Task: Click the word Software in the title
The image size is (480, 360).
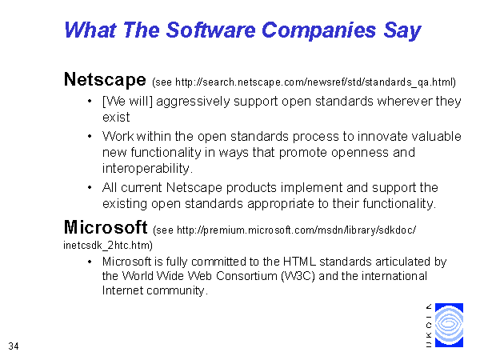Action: pos(210,30)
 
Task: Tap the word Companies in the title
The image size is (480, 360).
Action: pos(318,31)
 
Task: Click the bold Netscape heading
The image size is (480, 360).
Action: pos(105,79)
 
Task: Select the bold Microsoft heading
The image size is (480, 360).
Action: pos(106,227)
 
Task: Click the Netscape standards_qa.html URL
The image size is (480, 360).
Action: pos(315,82)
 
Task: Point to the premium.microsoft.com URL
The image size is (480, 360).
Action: pos(296,230)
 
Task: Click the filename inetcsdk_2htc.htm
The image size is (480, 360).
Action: pos(108,246)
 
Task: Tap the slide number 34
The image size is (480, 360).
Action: pos(14,346)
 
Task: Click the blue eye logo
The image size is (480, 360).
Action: pos(449,325)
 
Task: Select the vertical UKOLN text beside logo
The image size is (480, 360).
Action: pos(429,326)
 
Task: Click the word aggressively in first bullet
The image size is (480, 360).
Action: pos(193,102)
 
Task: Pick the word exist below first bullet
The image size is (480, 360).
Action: pos(116,118)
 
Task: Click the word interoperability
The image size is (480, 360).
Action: pos(147,168)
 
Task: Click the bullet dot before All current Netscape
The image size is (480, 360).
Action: pos(90,187)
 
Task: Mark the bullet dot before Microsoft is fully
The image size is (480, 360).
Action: pos(90,262)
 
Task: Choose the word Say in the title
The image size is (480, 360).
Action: pos(402,31)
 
